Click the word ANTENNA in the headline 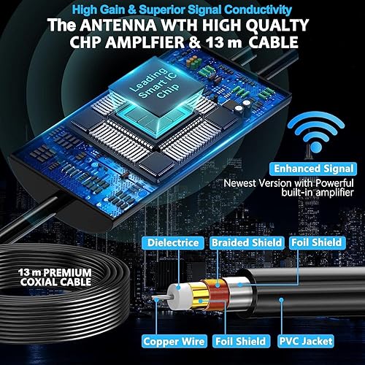click(118, 25)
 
